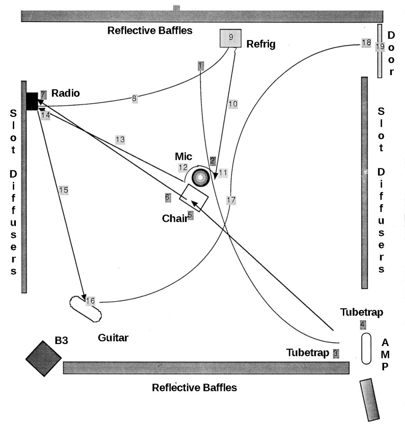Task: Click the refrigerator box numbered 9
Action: [x=231, y=38]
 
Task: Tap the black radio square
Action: [x=32, y=101]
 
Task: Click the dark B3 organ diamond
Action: [x=43, y=358]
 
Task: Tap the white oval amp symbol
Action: [x=366, y=349]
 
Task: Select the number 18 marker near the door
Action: [x=366, y=43]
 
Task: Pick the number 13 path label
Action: [x=120, y=139]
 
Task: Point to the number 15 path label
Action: [x=64, y=190]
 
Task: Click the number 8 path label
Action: [x=134, y=99]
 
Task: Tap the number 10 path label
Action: [x=233, y=103]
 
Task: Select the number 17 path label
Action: [x=231, y=200]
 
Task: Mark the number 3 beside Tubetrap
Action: [x=336, y=353]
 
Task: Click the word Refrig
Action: [x=261, y=44]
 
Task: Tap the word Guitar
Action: [x=113, y=338]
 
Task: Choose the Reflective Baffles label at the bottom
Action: [x=194, y=387]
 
